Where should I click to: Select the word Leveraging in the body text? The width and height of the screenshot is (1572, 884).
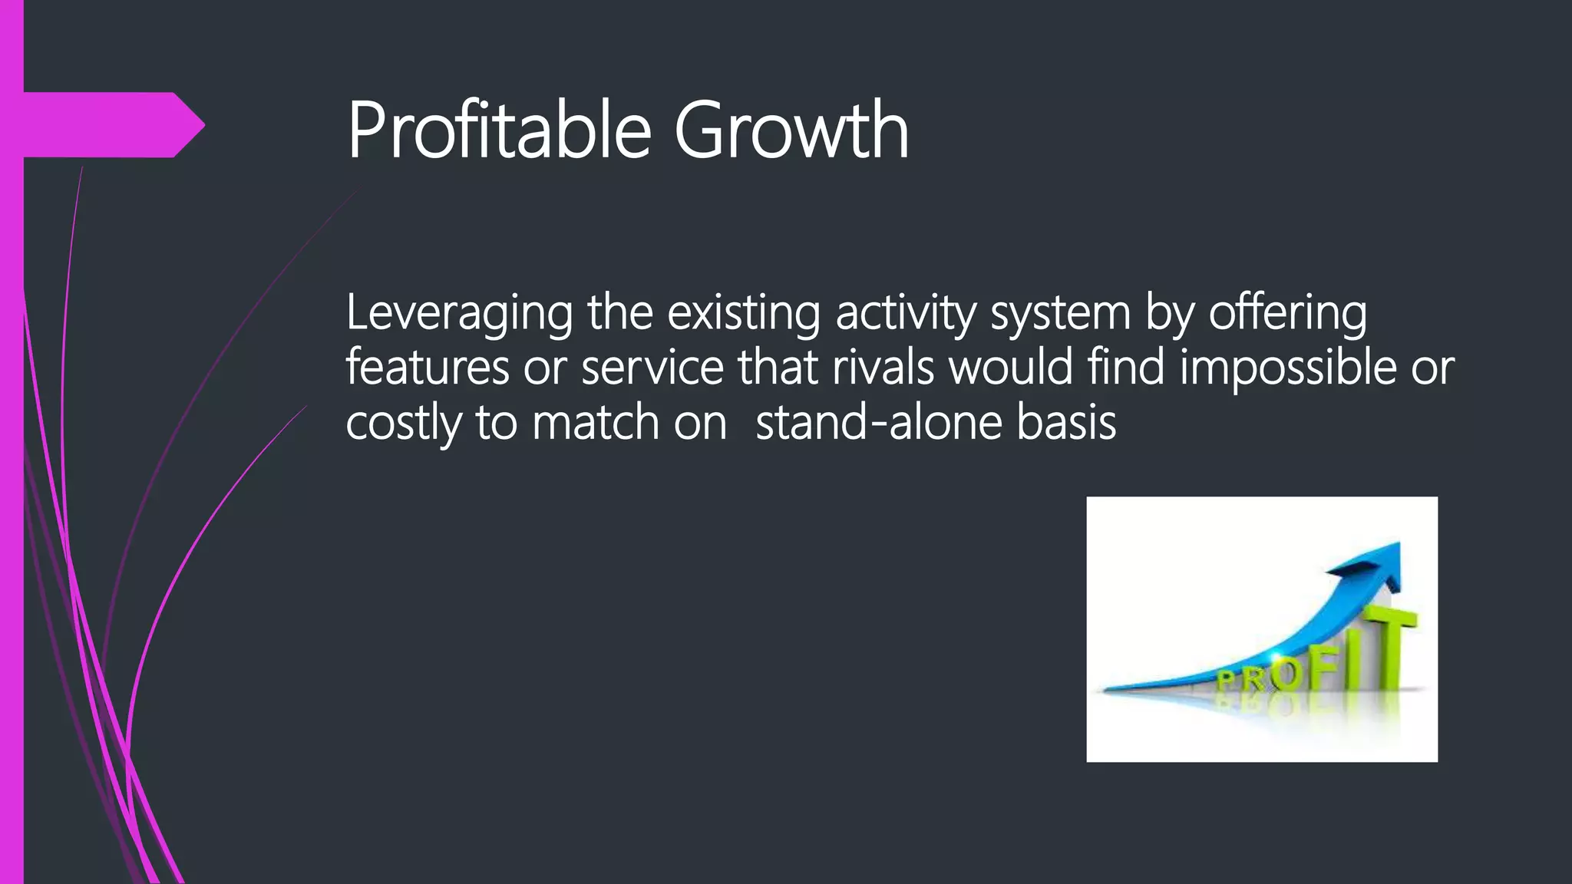point(459,313)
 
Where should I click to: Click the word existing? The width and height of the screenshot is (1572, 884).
point(743,313)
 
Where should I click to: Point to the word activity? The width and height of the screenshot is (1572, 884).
point(906,313)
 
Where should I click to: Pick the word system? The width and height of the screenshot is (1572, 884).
point(1061,313)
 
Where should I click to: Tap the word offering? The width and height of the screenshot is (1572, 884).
point(1287,313)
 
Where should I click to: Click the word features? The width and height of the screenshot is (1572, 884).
point(427,367)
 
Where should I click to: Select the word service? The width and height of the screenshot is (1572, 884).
point(652,367)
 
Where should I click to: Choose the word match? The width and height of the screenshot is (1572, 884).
point(595,423)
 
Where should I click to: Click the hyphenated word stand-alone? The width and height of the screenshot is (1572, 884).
point(878,423)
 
